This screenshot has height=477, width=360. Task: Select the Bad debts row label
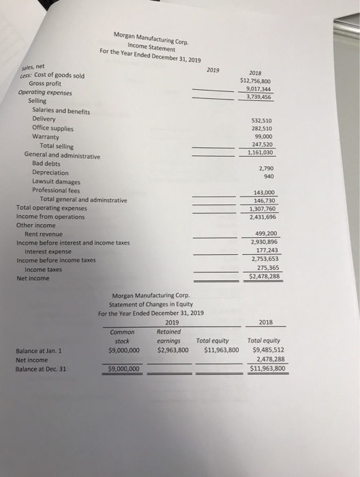coord(46,164)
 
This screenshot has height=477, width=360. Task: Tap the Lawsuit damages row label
coord(56,182)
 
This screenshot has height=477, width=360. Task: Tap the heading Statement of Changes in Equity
coord(151,304)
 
